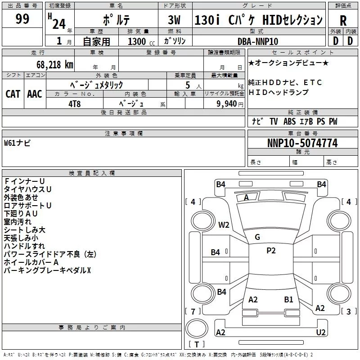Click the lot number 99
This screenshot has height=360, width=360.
[x=22, y=19]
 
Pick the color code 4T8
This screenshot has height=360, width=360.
[x=75, y=103]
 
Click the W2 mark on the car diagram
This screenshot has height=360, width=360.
[x=224, y=225]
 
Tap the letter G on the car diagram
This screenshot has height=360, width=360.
[x=257, y=237]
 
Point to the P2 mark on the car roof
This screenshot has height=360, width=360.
[x=271, y=251]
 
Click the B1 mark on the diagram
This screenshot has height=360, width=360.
[x=288, y=299]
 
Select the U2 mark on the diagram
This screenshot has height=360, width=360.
[x=320, y=332]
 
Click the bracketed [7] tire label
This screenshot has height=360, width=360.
[x=193, y=311]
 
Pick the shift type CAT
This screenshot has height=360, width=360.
[x=13, y=94]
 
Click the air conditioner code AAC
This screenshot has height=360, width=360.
[x=34, y=94]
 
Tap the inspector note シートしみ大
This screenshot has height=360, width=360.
[x=24, y=229]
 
